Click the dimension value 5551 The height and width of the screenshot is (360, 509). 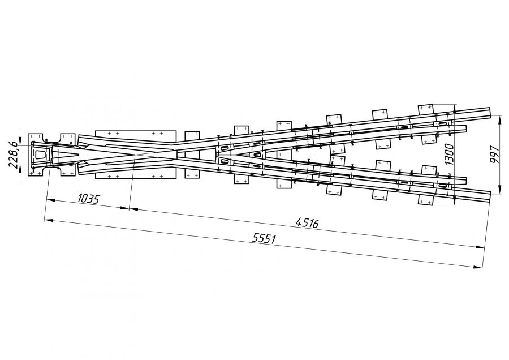[x=264, y=238]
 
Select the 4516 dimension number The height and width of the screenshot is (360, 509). [x=307, y=223]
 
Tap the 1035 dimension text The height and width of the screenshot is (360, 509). [x=88, y=199]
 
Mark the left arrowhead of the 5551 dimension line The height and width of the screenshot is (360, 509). [x=49, y=221]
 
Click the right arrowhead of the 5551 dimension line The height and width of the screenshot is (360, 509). [x=478, y=267]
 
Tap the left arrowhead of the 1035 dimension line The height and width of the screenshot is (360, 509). [x=51, y=200]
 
